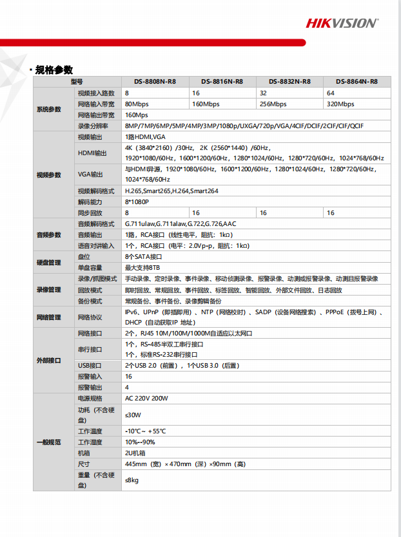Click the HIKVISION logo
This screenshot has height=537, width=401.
342,23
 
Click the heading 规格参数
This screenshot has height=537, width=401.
54,70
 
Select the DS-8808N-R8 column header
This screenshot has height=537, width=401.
155,82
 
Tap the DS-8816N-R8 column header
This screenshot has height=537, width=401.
222,82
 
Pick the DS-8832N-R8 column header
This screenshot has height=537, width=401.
289,82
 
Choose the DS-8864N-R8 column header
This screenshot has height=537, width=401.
357,82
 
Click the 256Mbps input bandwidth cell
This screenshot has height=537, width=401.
273,104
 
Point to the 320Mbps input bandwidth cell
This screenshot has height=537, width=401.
340,104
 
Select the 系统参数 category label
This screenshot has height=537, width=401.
49,109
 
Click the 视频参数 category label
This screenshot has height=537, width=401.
49,174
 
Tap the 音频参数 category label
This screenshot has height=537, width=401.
49,234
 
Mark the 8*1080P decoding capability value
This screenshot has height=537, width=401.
137,202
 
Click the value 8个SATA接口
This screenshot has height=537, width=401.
144,256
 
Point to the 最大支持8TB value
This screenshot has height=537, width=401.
142,267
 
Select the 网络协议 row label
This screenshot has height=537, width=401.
90,317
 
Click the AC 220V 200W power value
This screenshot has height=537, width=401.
146,399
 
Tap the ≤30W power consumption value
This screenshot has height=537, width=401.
133,415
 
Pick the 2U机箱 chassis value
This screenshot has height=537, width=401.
135,453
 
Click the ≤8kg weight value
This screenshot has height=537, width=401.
132,480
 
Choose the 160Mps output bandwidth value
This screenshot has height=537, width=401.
137,115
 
